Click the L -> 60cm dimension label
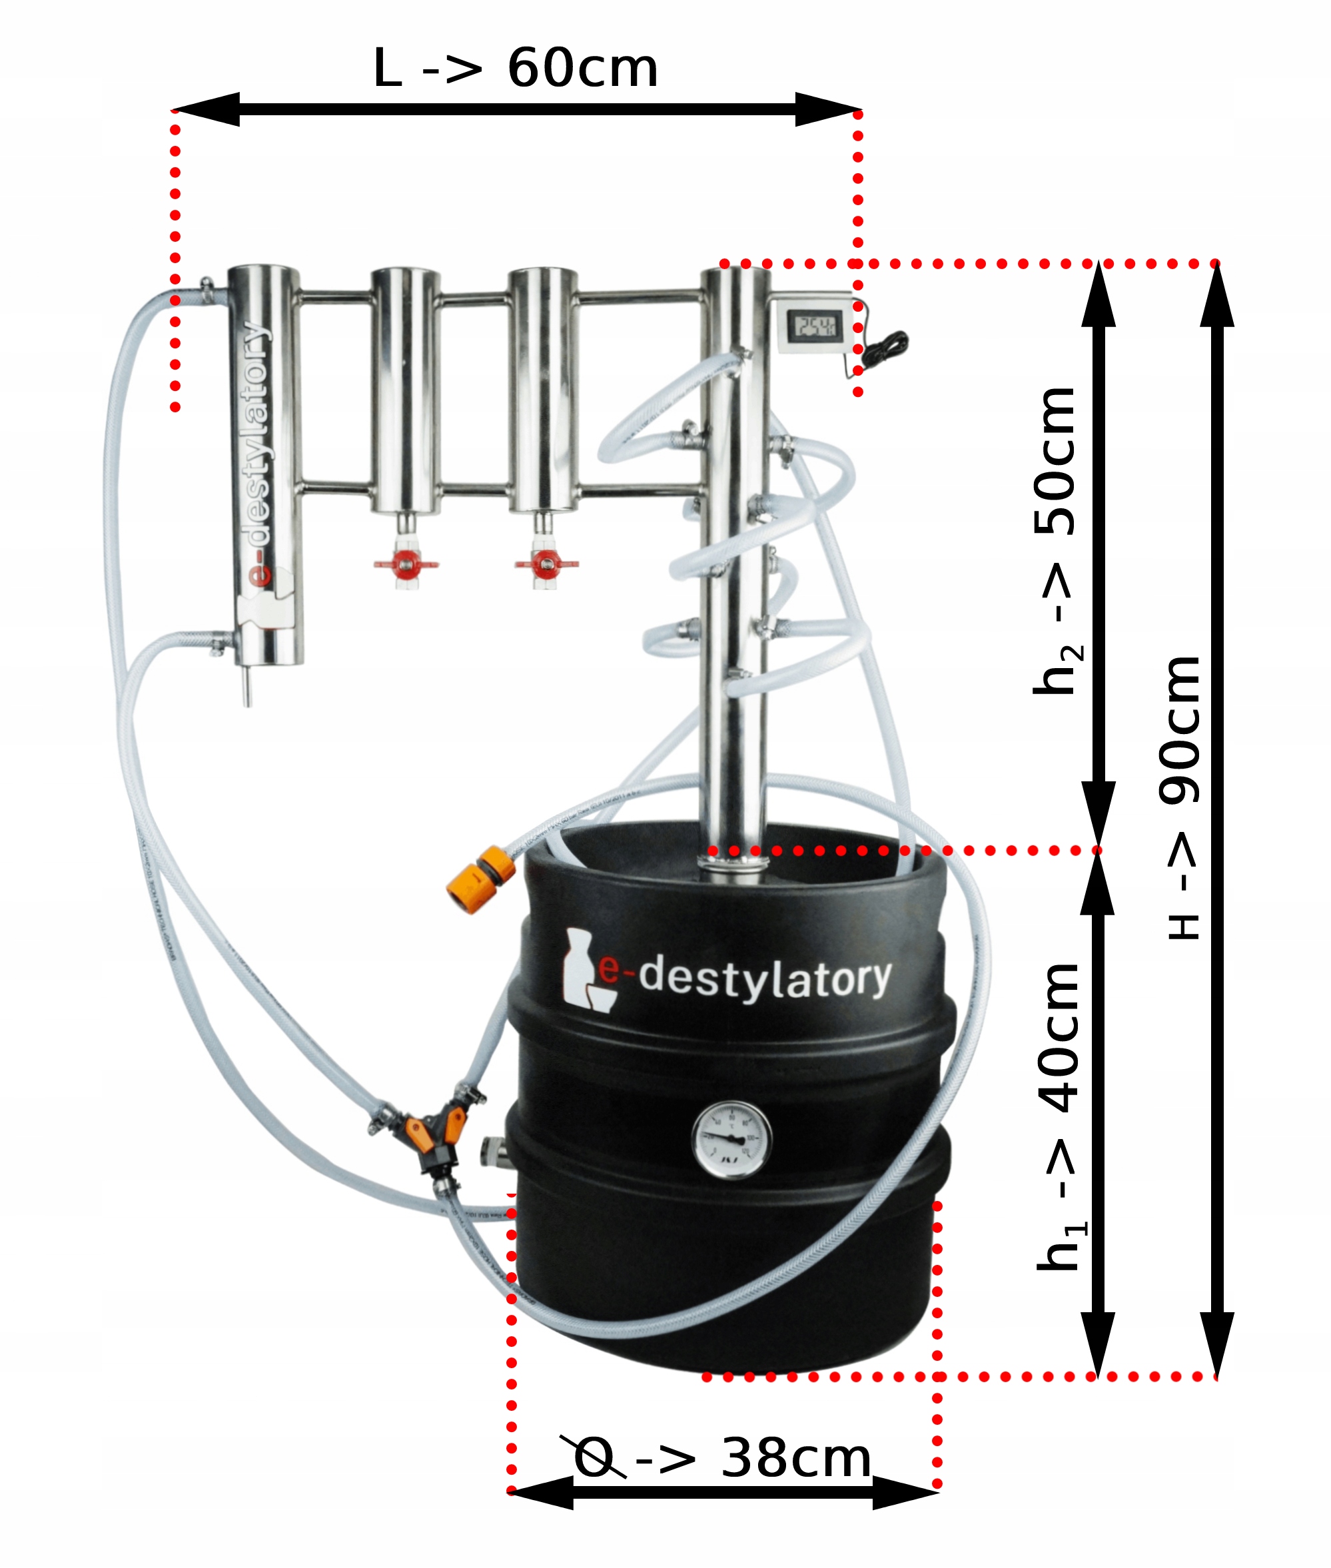tap(516, 69)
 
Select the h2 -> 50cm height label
tap(1057, 540)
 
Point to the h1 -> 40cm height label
tap(1059, 1117)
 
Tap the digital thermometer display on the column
tap(811, 326)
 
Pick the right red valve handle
tap(546, 563)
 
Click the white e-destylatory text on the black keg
tap(763, 978)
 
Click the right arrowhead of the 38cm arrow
tap(906, 1492)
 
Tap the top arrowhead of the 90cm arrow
tap(1216, 294)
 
